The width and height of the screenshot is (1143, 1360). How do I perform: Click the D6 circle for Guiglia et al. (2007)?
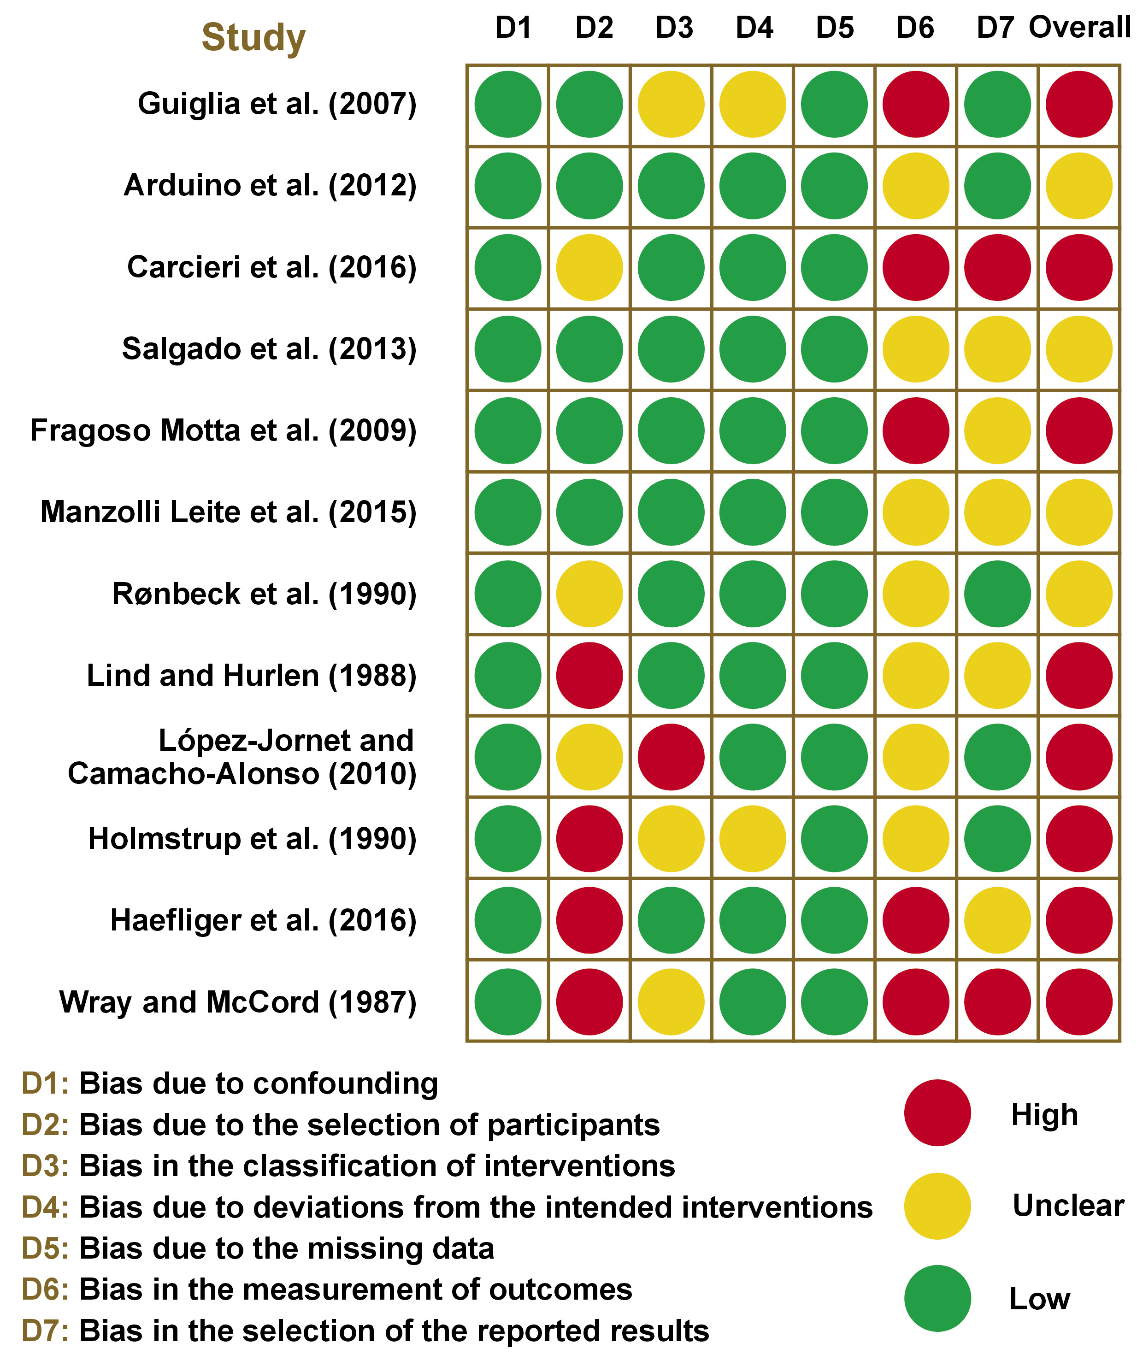pos(916,104)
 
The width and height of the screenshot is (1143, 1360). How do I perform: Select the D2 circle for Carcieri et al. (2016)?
pos(589,268)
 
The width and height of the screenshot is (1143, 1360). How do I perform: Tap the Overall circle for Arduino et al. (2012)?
pos(1079,186)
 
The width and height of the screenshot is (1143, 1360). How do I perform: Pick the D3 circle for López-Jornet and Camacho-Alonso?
pos(671,757)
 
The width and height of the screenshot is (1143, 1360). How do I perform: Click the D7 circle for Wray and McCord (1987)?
pos(997,1002)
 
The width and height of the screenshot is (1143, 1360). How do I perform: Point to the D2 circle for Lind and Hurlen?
pos(589,675)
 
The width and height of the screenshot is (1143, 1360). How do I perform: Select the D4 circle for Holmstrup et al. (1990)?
pos(752,838)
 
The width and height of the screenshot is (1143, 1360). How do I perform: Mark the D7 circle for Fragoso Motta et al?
pos(997,431)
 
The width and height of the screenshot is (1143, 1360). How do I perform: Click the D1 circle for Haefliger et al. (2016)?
pos(507,920)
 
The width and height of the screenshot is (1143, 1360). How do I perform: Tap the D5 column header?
pos(835,28)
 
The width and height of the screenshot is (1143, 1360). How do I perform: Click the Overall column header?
pos(1079,28)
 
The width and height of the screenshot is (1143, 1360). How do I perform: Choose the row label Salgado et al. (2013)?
pos(269,349)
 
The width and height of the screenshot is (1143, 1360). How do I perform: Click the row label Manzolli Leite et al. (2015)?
pos(228,512)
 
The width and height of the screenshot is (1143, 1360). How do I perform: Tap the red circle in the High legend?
pos(937,1113)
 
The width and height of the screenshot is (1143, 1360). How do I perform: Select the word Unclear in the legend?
pos(1068,1206)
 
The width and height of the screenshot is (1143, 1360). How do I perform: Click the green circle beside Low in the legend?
pos(937,1298)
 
